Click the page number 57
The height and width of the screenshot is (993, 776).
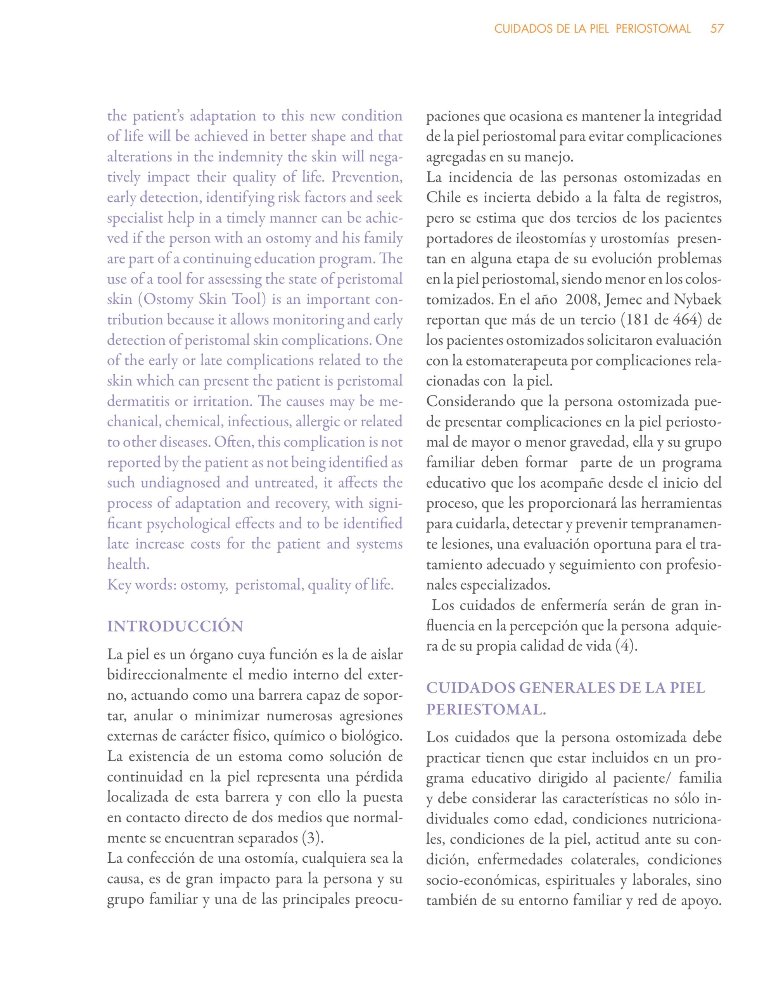(x=717, y=29)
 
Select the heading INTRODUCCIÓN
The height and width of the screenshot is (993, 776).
(x=175, y=626)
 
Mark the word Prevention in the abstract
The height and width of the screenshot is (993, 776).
(x=366, y=177)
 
